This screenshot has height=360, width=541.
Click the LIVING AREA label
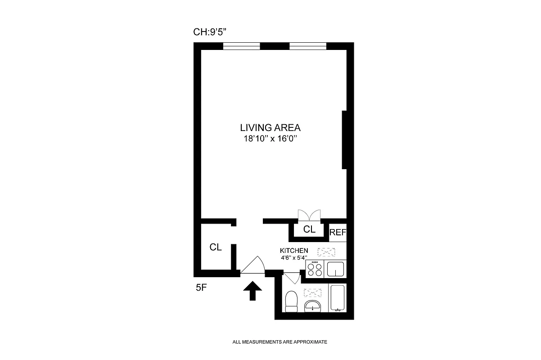click(270, 127)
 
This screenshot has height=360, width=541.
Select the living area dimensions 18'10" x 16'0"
click(270, 139)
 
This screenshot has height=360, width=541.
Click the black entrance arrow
click(252, 291)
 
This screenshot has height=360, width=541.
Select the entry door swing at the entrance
click(252, 265)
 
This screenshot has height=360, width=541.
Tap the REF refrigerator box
click(338, 233)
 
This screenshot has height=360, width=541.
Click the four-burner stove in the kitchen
click(315, 269)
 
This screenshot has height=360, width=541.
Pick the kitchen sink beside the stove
click(335, 269)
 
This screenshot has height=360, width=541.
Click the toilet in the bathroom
click(292, 301)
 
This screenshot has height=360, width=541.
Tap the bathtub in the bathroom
click(337, 298)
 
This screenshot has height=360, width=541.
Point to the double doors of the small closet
click(309, 215)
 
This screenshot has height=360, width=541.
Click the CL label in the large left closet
click(216, 247)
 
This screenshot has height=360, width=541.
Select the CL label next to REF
click(309, 229)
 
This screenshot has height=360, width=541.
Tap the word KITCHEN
click(294, 251)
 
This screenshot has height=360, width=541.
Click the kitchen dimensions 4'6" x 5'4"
click(294, 258)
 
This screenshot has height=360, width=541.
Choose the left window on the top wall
click(242, 45)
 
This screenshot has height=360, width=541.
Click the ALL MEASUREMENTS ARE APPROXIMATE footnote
click(280, 342)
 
